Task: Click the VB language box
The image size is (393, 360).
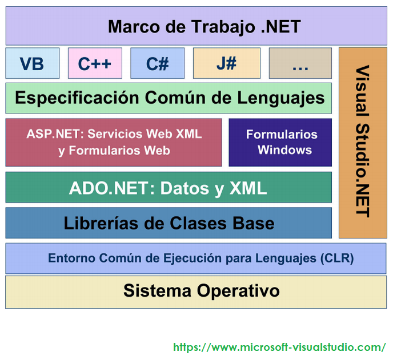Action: [x=32, y=63]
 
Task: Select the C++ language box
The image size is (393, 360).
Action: [x=95, y=63]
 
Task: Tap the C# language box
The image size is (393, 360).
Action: [x=157, y=63]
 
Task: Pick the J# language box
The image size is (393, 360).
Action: [x=226, y=63]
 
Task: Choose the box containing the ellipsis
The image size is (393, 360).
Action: [x=300, y=63]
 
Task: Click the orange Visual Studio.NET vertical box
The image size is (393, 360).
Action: [x=362, y=143]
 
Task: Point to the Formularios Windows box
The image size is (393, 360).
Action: [x=280, y=142]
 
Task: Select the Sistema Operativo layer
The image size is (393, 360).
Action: [x=196, y=292]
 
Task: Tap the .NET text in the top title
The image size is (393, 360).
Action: [x=280, y=26]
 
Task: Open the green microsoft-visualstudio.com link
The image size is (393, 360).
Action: [x=279, y=347]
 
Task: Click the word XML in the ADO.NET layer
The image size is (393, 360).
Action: [x=247, y=188]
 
